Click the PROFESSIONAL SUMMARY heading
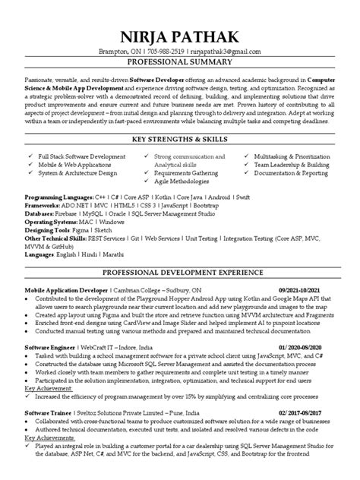[x=180, y=62]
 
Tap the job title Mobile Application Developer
[x=66, y=290]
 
